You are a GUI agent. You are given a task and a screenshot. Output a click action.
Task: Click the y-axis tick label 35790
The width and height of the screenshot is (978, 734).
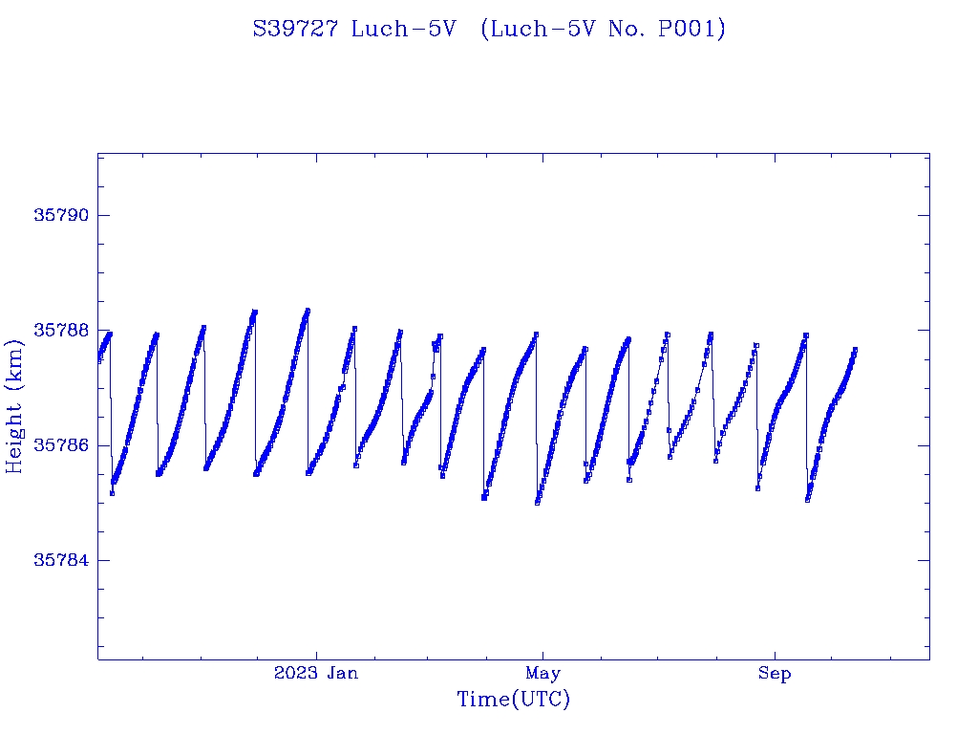[60, 215]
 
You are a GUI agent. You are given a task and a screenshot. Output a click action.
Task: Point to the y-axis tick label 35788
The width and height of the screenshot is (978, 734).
[60, 330]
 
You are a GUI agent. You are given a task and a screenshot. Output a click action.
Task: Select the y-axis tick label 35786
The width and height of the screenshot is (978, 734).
[60, 445]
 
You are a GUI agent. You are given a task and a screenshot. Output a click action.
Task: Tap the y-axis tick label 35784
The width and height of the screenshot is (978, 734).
[60, 560]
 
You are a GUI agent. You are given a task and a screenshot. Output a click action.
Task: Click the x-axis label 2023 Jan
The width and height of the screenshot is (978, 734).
[316, 674]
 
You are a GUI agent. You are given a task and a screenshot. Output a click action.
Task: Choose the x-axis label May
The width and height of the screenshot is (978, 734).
[542, 674]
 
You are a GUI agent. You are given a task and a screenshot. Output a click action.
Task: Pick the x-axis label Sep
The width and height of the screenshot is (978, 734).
[775, 674]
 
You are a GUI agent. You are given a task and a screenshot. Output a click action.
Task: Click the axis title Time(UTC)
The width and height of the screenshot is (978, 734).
[513, 700]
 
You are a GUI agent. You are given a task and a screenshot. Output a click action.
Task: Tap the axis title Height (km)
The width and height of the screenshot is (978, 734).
[14, 406]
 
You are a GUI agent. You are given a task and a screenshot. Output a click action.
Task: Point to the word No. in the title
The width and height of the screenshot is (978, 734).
[626, 30]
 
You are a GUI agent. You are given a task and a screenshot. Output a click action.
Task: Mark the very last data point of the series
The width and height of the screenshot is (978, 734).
[855, 350]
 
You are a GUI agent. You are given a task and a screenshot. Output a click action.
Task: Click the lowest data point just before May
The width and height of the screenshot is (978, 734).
[538, 502]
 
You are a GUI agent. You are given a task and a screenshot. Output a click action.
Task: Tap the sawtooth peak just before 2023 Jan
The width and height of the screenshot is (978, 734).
[308, 311]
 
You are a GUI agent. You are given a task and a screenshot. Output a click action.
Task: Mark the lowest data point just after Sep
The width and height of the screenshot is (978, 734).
[808, 499]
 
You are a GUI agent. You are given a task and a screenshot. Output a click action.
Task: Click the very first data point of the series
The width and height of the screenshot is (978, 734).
[98, 360]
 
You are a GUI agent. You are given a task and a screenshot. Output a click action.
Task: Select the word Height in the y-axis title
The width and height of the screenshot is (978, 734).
[14, 435]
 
